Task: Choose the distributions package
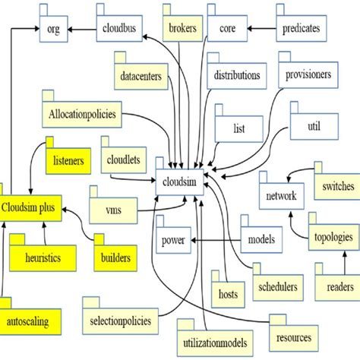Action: [236, 76]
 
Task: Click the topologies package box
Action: [333, 237]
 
